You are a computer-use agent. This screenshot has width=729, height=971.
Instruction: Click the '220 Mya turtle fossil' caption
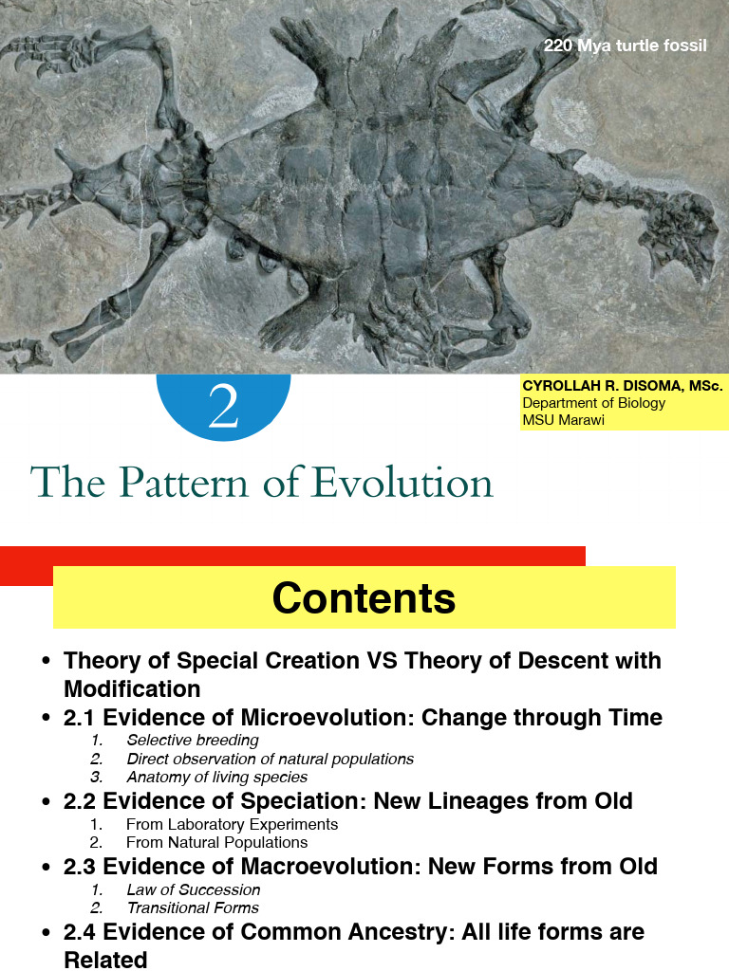[x=625, y=46]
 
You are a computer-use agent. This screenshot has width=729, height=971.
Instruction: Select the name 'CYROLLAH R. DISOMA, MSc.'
[x=623, y=386]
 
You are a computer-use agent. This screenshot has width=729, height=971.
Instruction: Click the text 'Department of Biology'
[x=594, y=403]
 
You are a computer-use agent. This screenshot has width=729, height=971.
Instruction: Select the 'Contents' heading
[x=364, y=598]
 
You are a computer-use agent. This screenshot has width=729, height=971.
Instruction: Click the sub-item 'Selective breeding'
[x=193, y=741]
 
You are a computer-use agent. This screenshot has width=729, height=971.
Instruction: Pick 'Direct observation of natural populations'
[x=271, y=759]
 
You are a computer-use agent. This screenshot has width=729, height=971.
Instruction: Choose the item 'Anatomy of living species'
[x=217, y=777]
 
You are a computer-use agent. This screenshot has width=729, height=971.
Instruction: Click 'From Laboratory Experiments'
[x=232, y=824]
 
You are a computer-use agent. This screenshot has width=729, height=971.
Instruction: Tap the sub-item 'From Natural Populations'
[x=217, y=842]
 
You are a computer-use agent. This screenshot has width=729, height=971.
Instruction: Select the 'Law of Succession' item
[x=194, y=889]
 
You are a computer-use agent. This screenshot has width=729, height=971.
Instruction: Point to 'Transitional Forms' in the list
[x=194, y=907]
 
